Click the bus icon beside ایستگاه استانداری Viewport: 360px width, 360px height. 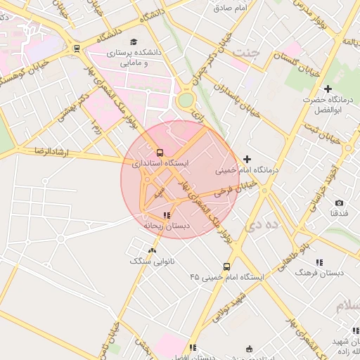tap(160, 153)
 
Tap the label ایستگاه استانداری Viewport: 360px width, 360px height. tap(161, 163)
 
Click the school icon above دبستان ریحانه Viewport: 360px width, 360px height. tap(167, 216)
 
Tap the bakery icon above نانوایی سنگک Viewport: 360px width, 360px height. tap(153, 250)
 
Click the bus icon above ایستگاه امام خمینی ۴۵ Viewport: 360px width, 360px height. tap(226, 266)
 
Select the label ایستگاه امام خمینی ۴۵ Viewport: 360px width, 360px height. tap(226, 277)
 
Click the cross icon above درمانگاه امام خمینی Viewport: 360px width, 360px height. tap(247, 160)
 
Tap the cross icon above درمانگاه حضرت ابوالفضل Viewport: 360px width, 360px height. tap(328, 89)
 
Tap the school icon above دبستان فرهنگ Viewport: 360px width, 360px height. tap(319, 262)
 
